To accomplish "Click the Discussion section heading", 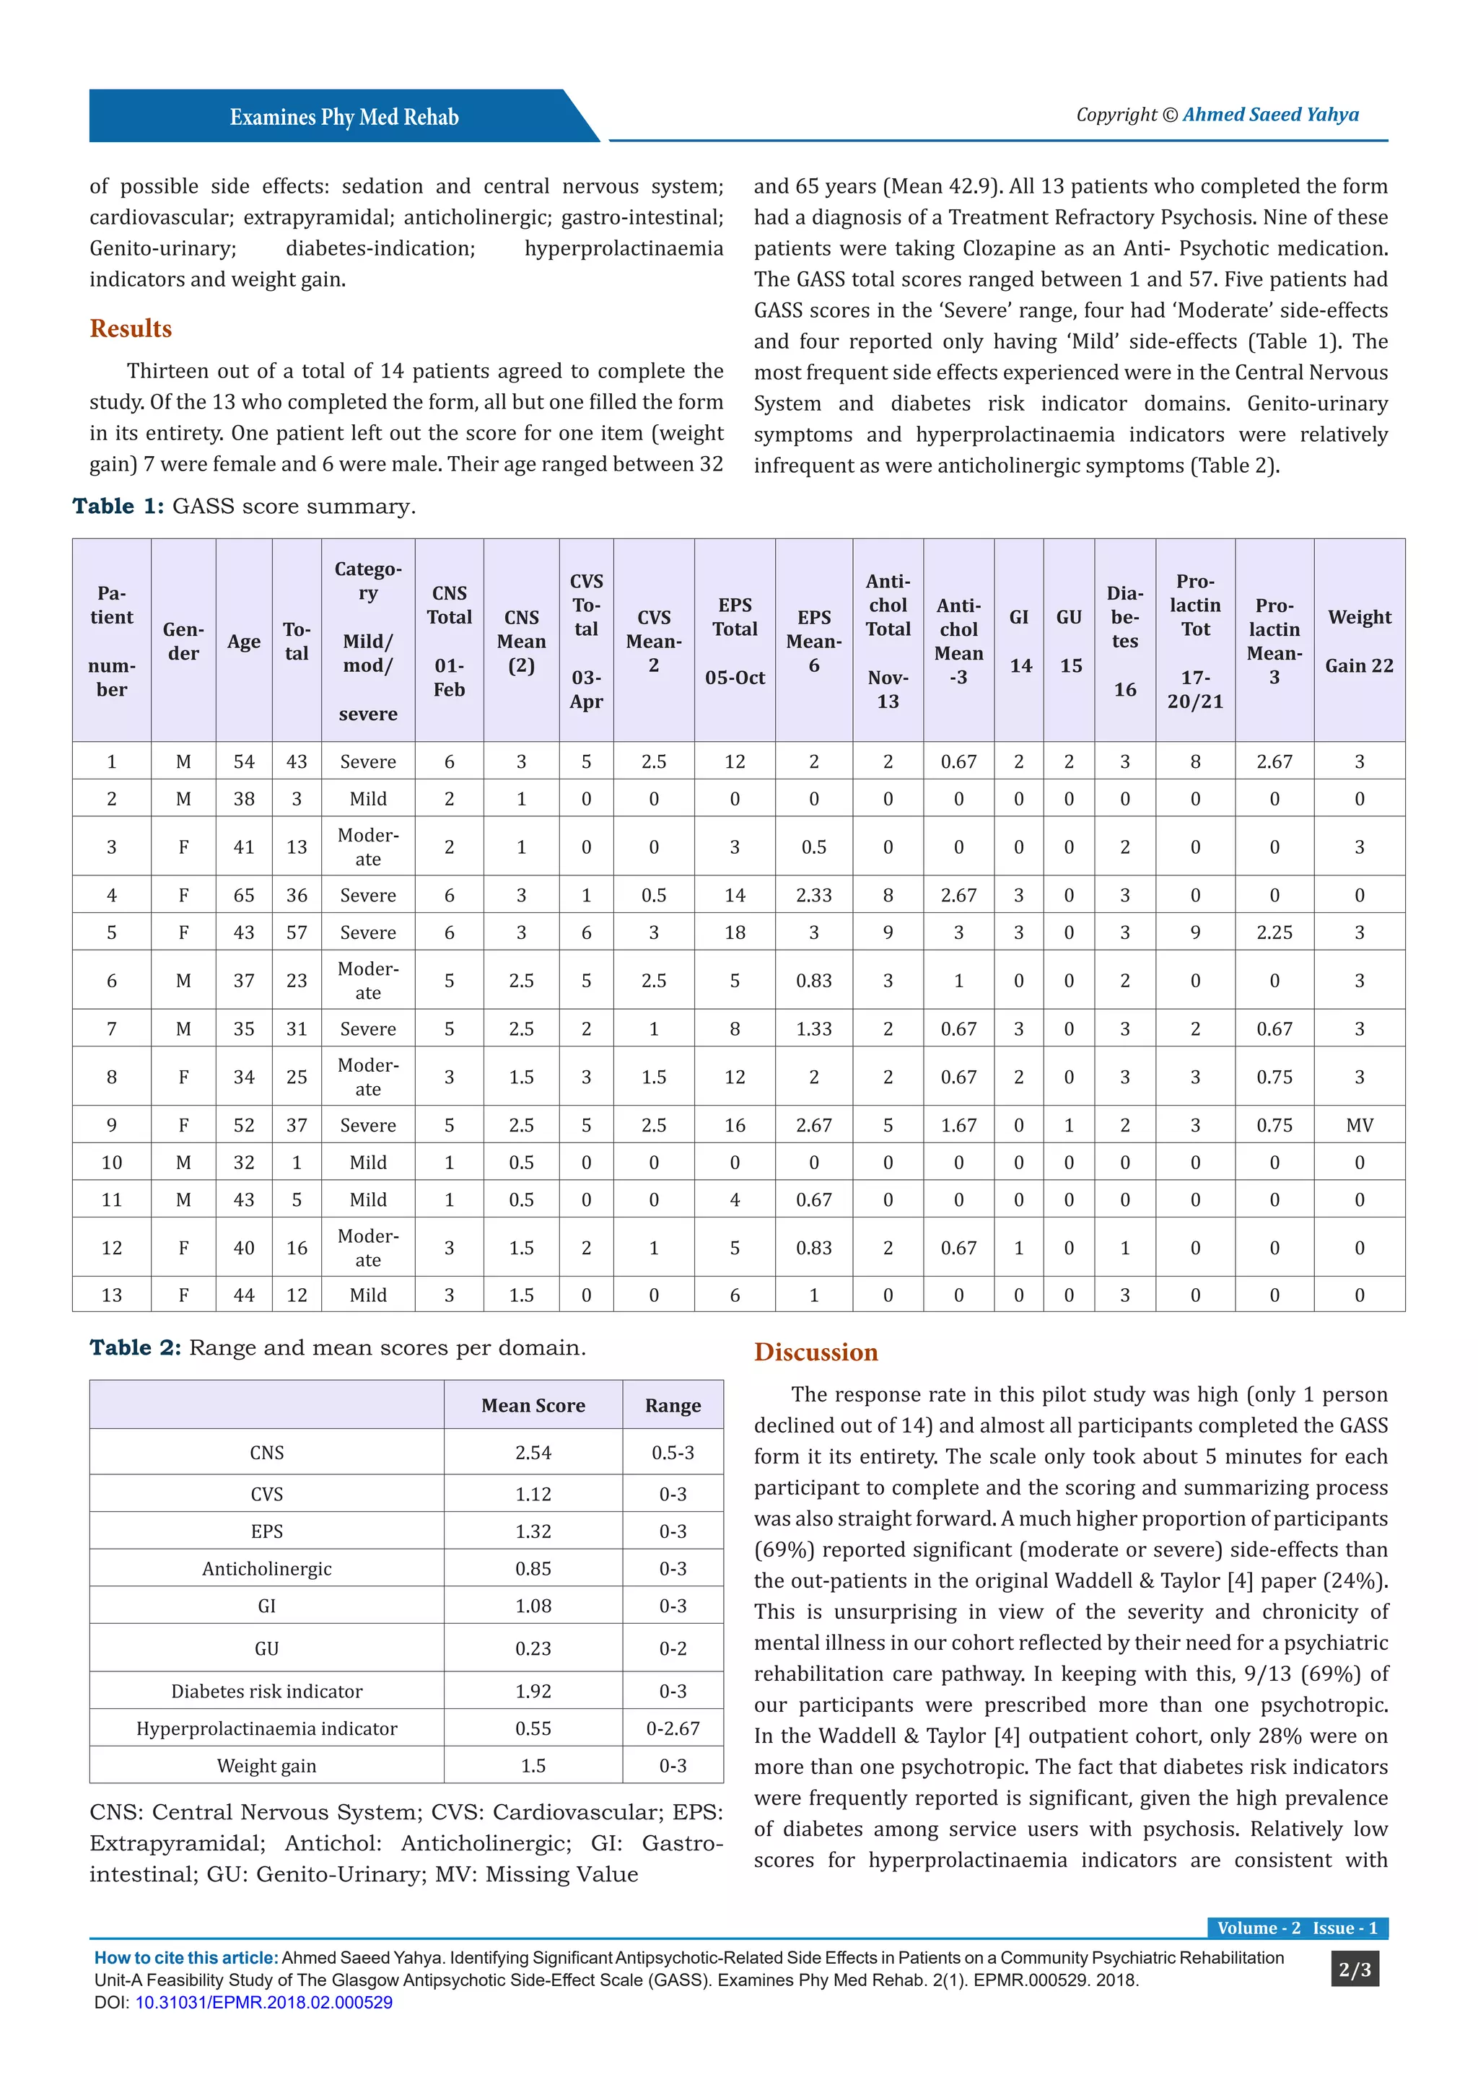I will pos(815,1352).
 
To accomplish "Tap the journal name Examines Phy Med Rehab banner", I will pos(344,118).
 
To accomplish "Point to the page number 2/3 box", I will pos(1354,1970).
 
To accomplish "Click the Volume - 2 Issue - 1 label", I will pos(1297,1928).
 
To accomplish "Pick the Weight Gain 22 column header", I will pos(1359,641).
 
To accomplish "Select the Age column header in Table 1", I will pos(244,641).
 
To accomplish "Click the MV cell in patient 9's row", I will pos(1359,1125).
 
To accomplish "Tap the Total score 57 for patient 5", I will pos(297,932).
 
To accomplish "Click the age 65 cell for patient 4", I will pos(244,895).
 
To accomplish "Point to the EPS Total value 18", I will pos(735,932).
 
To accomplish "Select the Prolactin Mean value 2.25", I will pos(1274,932).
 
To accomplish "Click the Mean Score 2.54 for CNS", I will pos(533,1453).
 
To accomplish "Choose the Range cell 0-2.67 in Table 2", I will pos(673,1728).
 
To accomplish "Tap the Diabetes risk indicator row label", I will pos(266,1692).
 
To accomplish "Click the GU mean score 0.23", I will pos(533,1648).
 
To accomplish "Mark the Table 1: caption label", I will pos(118,506).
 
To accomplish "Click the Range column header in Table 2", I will pos(673,1405).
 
